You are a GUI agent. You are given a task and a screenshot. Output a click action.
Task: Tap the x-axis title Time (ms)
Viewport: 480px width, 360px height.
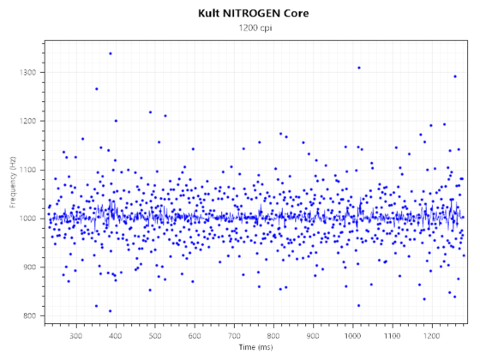click(x=255, y=349)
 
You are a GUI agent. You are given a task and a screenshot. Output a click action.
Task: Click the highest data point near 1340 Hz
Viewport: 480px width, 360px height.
click(x=110, y=53)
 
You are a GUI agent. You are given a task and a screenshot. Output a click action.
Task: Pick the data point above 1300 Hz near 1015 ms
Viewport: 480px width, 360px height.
click(x=358, y=68)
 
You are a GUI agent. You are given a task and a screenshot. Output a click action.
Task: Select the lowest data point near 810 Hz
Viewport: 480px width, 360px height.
click(x=110, y=310)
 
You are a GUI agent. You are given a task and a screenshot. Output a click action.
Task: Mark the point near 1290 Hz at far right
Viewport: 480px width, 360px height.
click(x=454, y=76)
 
